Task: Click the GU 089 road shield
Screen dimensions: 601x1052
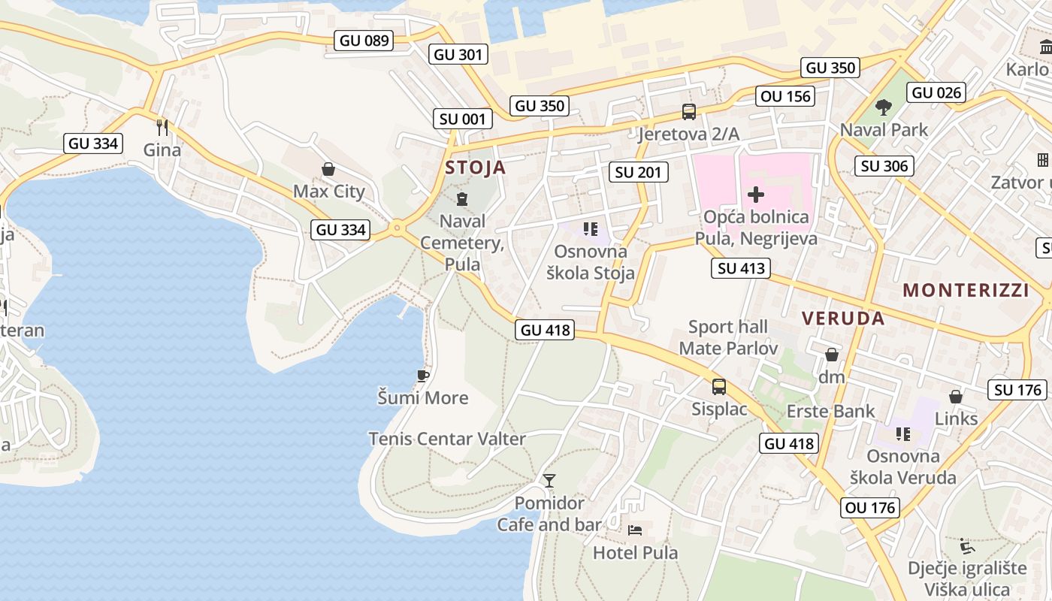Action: (x=364, y=41)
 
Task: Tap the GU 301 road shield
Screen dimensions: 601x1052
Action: (x=459, y=54)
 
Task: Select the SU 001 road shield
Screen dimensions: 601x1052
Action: (x=463, y=119)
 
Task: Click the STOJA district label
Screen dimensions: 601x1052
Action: (x=476, y=167)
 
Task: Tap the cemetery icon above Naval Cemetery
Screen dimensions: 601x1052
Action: (x=461, y=199)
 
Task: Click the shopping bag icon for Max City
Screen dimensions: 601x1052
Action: (x=328, y=169)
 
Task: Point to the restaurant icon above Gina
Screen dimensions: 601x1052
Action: (x=162, y=127)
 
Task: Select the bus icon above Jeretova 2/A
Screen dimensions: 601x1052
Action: (x=688, y=113)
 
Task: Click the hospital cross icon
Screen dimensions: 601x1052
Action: (x=756, y=195)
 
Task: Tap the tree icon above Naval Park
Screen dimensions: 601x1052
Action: (x=884, y=107)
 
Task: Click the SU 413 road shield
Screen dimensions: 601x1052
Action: (x=741, y=268)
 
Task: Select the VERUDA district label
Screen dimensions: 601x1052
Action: (x=843, y=318)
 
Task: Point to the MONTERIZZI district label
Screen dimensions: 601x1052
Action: (x=966, y=290)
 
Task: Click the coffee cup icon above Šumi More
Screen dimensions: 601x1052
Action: (x=423, y=376)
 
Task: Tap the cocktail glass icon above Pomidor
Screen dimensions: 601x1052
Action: (x=549, y=481)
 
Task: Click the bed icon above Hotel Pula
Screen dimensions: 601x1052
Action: (x=635, y=530)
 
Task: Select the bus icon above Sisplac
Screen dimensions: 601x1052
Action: (x=719, y=387)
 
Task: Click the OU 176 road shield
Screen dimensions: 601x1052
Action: (x=870, y=507)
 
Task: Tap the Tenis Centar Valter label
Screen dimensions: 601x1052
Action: (x=447, y=439)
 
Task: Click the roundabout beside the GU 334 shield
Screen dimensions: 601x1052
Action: (x=397, y=227)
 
